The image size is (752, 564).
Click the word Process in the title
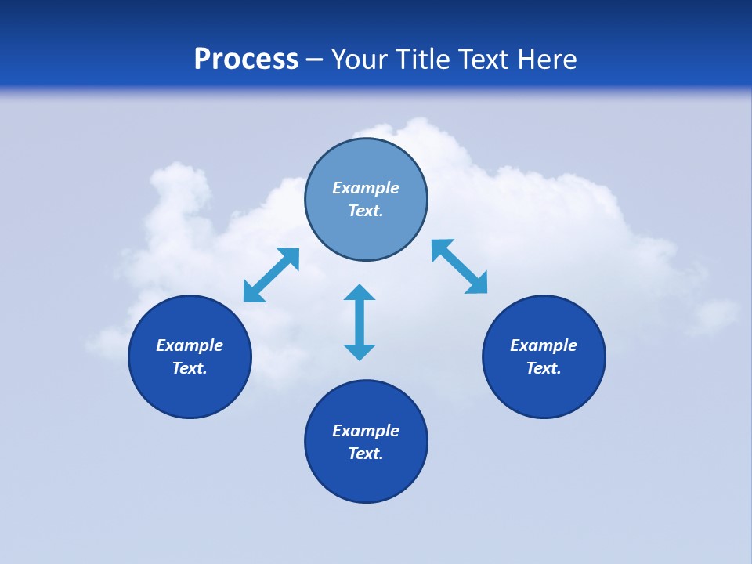[246, 60]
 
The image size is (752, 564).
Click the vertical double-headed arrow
[360, 322]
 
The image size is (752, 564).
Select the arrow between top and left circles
[271, 275]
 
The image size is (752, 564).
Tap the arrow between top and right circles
[460, 266]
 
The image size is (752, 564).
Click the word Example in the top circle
[366, 188]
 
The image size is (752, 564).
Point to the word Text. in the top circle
[366, 211]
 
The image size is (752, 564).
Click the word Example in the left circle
[190, 345]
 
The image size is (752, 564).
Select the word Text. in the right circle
[544, 368]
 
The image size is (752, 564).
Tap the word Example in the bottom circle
[366, 431]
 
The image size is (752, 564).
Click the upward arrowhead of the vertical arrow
[360, 293]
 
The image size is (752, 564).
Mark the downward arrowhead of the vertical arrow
[360, 352]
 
